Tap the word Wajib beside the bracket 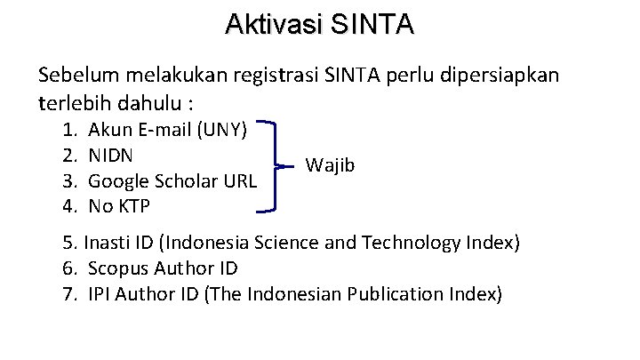[330, 164]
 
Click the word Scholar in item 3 [187, 181]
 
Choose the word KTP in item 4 [132, 207]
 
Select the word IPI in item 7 [100, 293]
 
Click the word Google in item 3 [120, 181]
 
